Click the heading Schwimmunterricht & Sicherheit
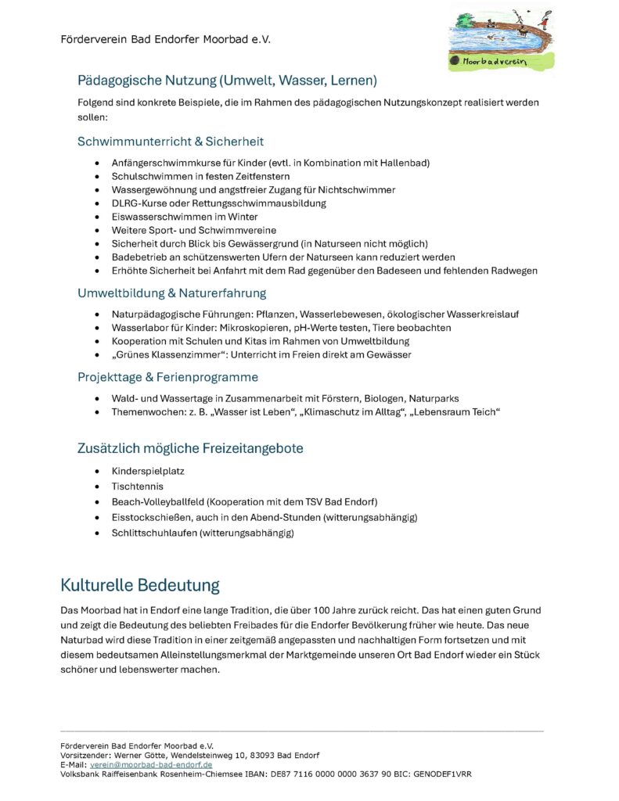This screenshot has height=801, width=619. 170,142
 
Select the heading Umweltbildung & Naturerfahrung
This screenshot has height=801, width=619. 171,293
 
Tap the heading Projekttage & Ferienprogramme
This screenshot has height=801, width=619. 167,377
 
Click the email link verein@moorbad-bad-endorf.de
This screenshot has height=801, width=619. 151,764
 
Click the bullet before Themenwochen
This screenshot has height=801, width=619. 96,412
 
